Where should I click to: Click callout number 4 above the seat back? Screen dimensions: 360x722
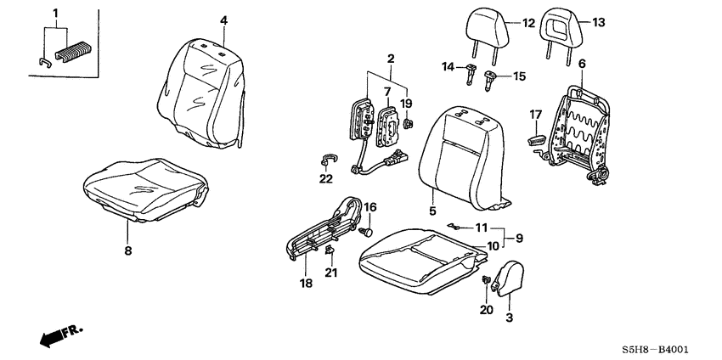coord(223,20)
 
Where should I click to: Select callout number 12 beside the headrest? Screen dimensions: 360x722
coord(527,23)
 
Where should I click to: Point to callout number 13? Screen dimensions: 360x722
coord(598,23)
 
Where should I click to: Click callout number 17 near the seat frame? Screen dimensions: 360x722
coord(536,114)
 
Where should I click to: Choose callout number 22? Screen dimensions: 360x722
coord(326,177)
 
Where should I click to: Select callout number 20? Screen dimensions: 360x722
coord(486,310)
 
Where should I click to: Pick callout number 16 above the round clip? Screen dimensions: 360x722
coord(369,207)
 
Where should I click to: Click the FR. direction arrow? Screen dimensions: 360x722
coord(56,336)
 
